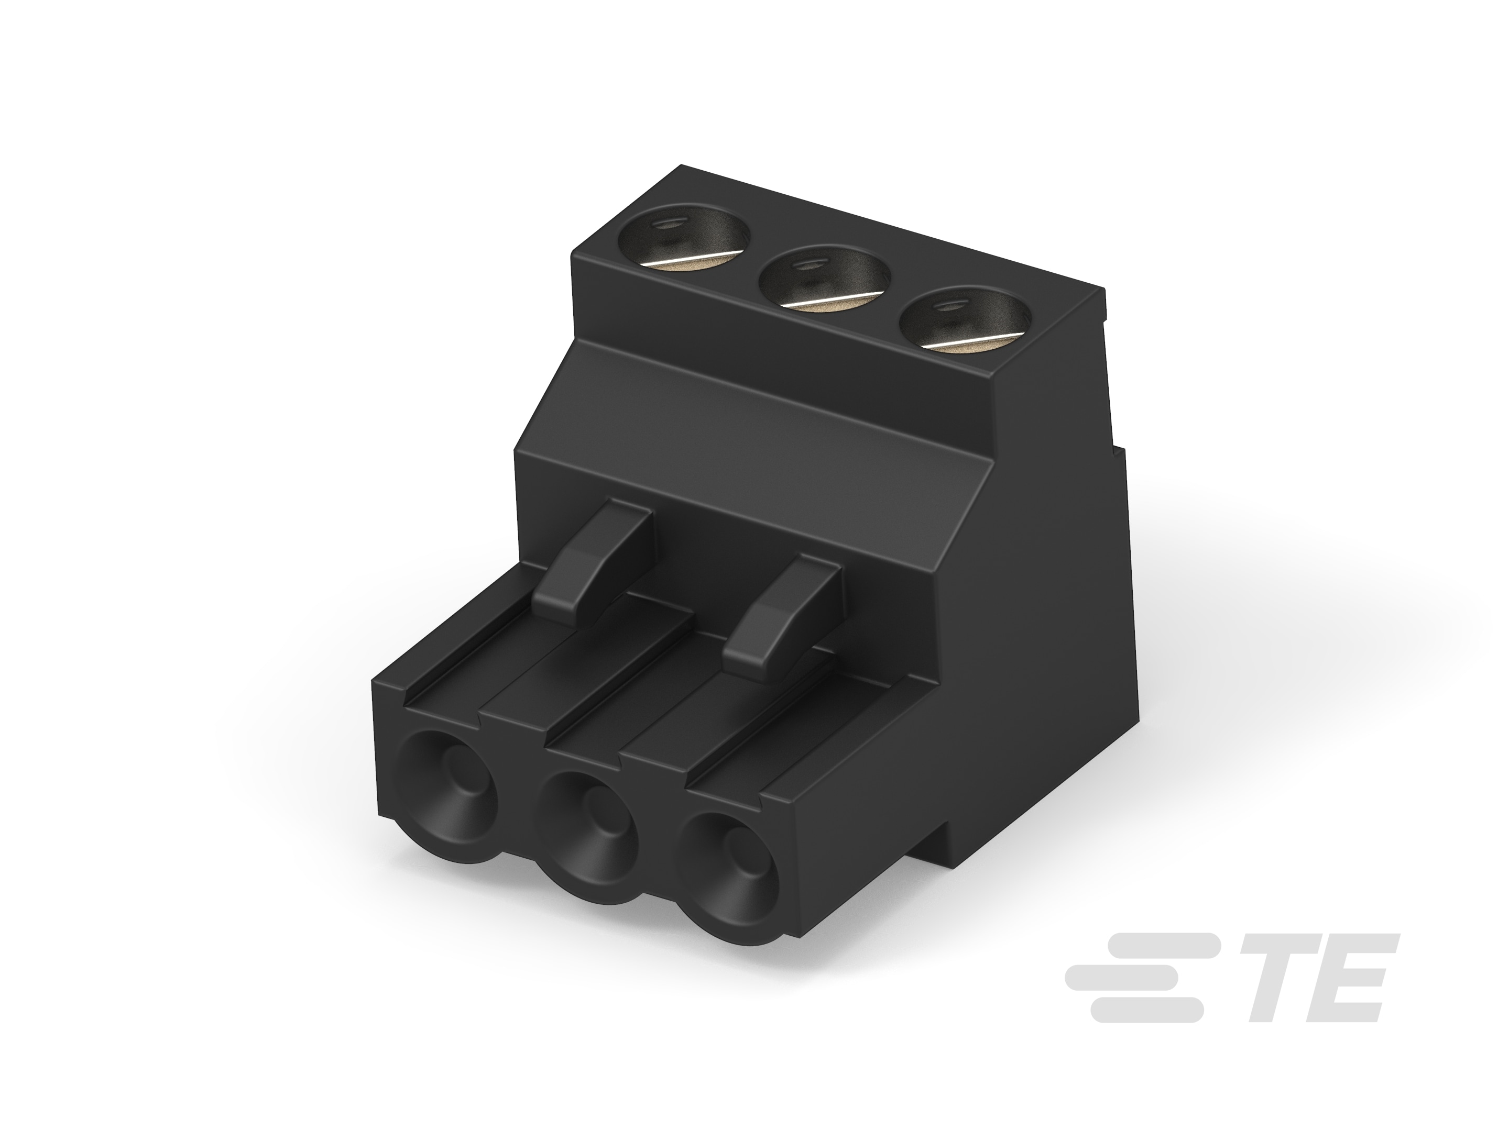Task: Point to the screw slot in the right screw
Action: (x=976, y=343)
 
